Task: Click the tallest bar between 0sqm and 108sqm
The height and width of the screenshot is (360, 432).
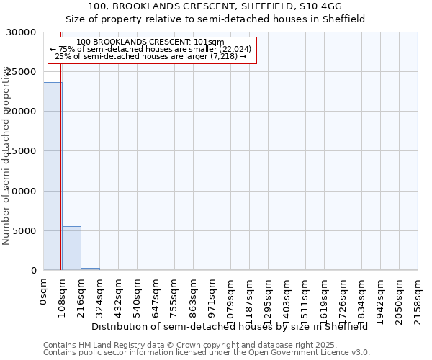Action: point(52,176)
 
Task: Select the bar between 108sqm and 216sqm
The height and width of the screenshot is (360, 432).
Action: point(71,248)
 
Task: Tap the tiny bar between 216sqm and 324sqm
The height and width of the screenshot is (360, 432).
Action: point(90,269)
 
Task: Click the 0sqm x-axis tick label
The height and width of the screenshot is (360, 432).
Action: point(44,292)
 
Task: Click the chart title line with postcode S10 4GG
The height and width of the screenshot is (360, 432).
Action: point(215,6)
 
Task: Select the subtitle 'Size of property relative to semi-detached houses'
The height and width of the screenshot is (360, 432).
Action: point(215,19)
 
